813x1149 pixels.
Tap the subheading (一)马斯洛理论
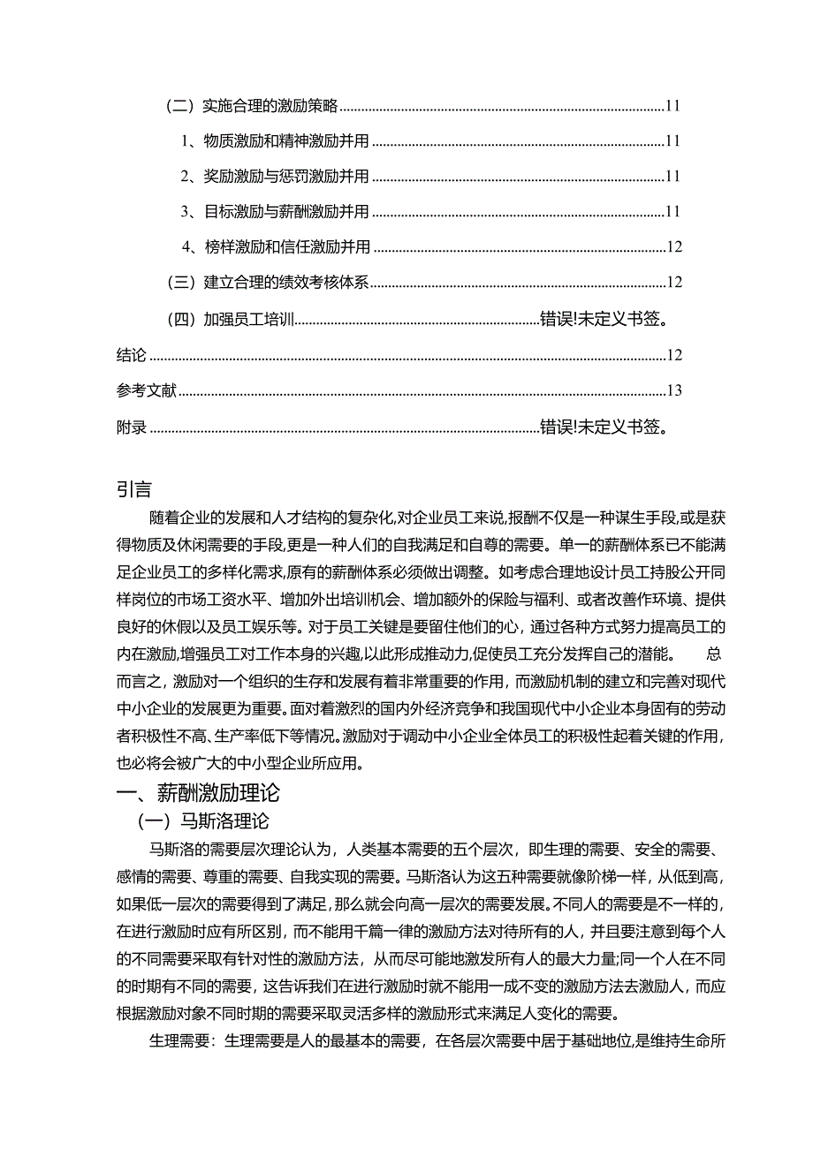[x=201, y=821]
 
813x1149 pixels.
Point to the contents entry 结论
[x=131, y=355]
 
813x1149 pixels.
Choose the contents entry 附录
[x=131, y=427]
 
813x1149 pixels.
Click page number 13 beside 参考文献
[x=673, y=390]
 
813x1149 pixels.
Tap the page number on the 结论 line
[x=673, y=355]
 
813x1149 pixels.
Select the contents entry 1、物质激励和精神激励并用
[x=274, y=140]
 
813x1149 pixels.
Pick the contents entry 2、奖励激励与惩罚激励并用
[x=274, y=177]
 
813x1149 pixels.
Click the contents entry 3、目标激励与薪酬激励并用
[x=274, y=212]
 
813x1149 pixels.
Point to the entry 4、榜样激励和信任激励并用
[x=275, y=247]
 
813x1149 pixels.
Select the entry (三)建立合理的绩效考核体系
[x=267, y=283]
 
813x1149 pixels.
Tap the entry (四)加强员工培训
[x=232, y=319]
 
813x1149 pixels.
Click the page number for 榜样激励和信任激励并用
[x=673, y=247]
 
